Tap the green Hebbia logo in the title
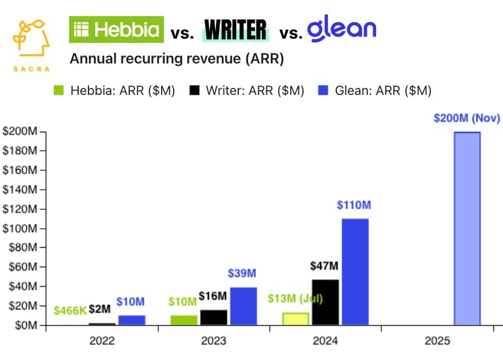tap(116, 29)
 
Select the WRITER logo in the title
tap(235, 30)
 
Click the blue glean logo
tap(342, 29)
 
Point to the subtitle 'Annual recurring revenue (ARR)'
tap(177, 59)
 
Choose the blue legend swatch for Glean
tap(323, 91)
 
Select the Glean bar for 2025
tap(467, 228)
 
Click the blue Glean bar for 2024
tap(355, 272)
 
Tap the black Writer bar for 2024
tap(325, 303)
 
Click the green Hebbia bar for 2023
tap(184, 320)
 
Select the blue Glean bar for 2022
tap(132, 320)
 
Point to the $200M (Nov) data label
tap(467, 118)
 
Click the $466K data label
tap(69, 311)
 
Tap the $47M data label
tap(324, 266)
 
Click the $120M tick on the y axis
tap(21, 209)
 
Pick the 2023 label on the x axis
tap(214, 340)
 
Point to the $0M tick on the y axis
tap(24, 325)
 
